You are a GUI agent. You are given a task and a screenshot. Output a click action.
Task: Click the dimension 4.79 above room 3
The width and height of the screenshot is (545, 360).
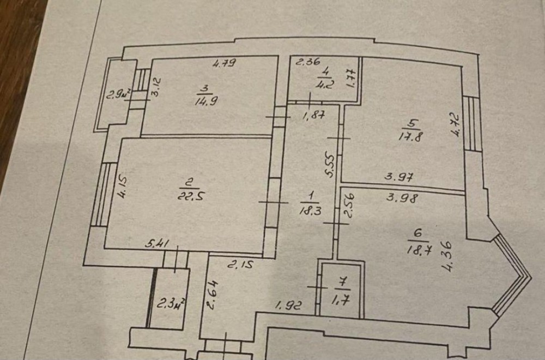[x=223, y=63]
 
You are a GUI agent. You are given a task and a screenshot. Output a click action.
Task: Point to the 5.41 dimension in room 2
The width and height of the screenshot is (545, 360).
[x=156, y=245]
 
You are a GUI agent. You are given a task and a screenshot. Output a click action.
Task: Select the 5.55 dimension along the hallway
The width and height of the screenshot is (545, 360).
[x=329, y=164]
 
